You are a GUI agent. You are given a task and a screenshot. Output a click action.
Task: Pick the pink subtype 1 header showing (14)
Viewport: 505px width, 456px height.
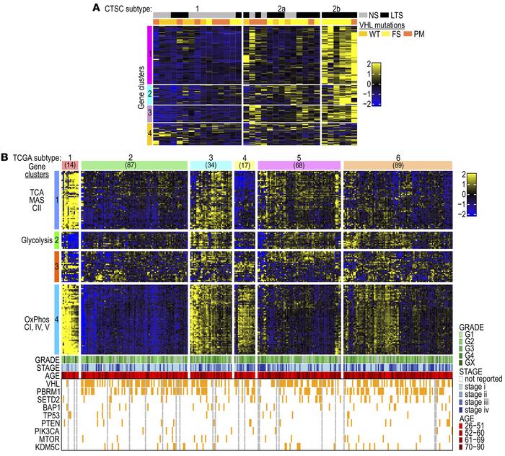(x=70, y=165)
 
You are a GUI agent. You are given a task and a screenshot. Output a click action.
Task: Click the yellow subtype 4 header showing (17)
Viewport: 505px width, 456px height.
(x=245, y=165)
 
